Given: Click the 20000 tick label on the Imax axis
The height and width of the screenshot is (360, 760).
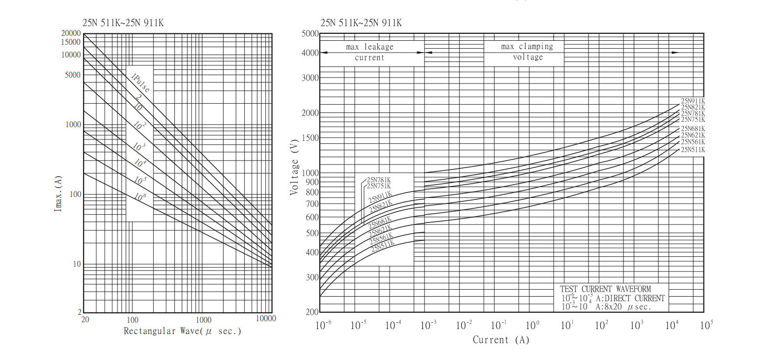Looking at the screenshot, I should tap(71, 33).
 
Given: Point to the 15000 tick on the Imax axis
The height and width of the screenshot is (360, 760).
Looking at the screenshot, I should tap(71, 42).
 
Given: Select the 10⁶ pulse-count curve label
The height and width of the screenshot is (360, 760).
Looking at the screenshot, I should tap(140, 197).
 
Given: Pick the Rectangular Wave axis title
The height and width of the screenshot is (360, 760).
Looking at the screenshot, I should tap(182, 331).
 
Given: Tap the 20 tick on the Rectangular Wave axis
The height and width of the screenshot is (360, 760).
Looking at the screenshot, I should tap(84, 319).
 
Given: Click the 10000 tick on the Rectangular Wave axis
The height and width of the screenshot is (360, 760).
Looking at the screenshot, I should tap(266, 319).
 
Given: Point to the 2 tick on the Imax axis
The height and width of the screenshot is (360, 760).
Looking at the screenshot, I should tap(79, 312).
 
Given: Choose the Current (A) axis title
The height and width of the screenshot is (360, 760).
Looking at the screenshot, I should tap(501, 340).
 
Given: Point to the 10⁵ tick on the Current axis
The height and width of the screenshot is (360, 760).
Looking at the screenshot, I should tap(706, 325).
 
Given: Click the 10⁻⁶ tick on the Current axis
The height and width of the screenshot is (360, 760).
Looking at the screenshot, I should tap(323, 325).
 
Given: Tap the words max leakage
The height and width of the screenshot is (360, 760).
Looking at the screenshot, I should tap(369, 47).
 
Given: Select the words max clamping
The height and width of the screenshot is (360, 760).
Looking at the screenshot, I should tap(527, 47).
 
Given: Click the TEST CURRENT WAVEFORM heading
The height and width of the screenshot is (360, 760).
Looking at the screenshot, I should tap(612, 289).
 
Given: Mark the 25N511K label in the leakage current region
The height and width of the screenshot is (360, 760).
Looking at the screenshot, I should tap(383, 247).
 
